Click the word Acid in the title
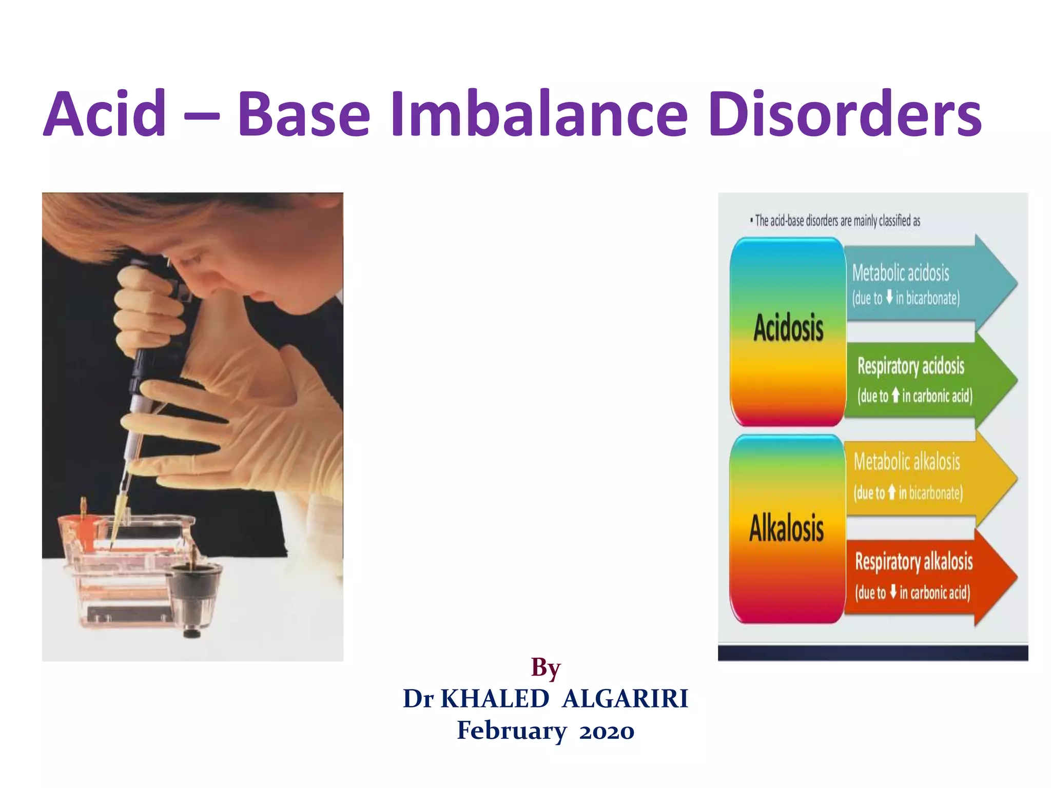point(105,114)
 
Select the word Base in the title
point(304,114)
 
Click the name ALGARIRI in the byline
point(625,699)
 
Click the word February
point(512,731)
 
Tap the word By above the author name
point(546,668)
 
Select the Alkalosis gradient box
point(787,528)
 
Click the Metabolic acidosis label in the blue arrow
point(901,273)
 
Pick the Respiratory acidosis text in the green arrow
point(911,366)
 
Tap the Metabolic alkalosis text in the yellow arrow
point(907,462)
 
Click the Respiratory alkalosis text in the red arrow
point(913,561)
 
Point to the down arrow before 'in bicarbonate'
point(889,297)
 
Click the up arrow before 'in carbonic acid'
point(896,395)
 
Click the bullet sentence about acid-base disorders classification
point(835,221)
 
